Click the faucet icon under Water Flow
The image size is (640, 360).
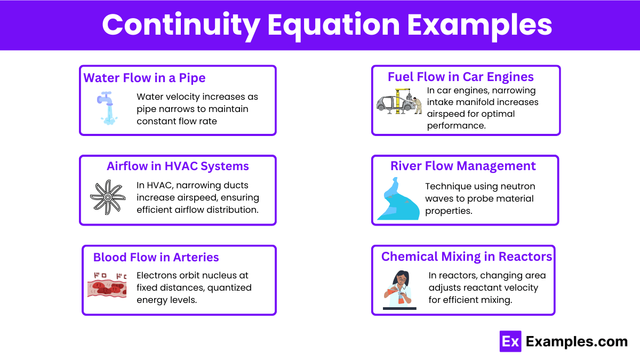click(107, 108)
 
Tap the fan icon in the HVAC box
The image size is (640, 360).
click(107, 197)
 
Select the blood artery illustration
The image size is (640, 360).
click(107, 285)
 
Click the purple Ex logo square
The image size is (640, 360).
click(510, 341)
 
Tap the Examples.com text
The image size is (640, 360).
click(577, 341)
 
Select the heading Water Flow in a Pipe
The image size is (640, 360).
click(145, 78)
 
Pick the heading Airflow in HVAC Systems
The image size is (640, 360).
click(178, 166)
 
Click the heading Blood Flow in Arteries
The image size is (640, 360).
click(156, 257)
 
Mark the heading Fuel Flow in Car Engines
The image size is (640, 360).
click(461, 77)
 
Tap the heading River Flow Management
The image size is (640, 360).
click(463, 166)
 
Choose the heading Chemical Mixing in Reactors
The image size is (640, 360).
click(466, 257)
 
